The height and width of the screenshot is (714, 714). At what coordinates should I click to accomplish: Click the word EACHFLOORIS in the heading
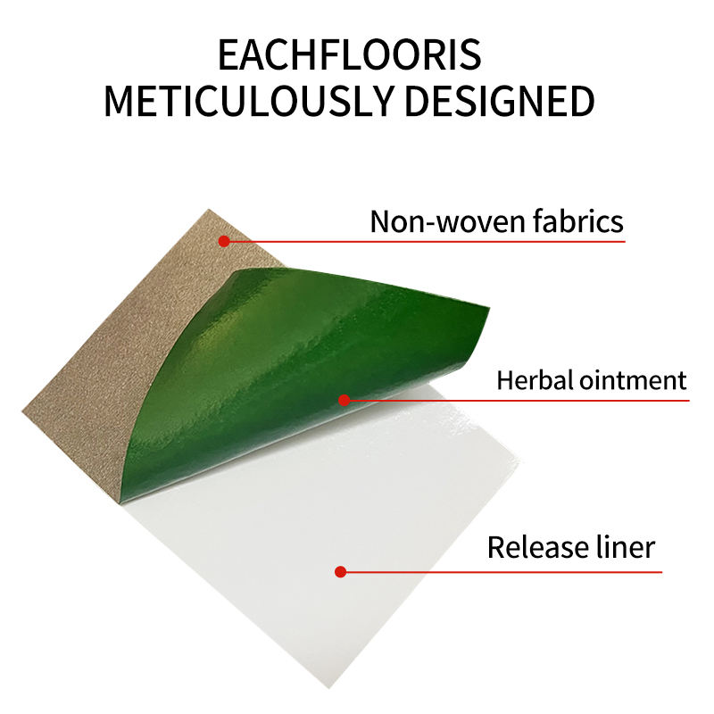click(349, 55)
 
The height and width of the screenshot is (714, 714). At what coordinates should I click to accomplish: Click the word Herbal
click(535, 381)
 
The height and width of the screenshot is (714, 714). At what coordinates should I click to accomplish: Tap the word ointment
click(633, 381)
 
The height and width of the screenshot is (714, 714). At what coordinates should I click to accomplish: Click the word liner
click(624, 546)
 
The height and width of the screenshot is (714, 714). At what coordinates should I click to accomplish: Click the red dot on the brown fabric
click(224, 241)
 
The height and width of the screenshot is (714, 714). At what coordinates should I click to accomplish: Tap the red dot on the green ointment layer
click(345, 400)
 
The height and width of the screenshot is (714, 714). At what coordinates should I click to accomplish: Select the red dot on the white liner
click(339, 571)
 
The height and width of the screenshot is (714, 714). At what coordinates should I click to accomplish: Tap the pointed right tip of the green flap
click(489, 309)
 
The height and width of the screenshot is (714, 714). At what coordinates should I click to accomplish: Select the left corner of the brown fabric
click(22, 408)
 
